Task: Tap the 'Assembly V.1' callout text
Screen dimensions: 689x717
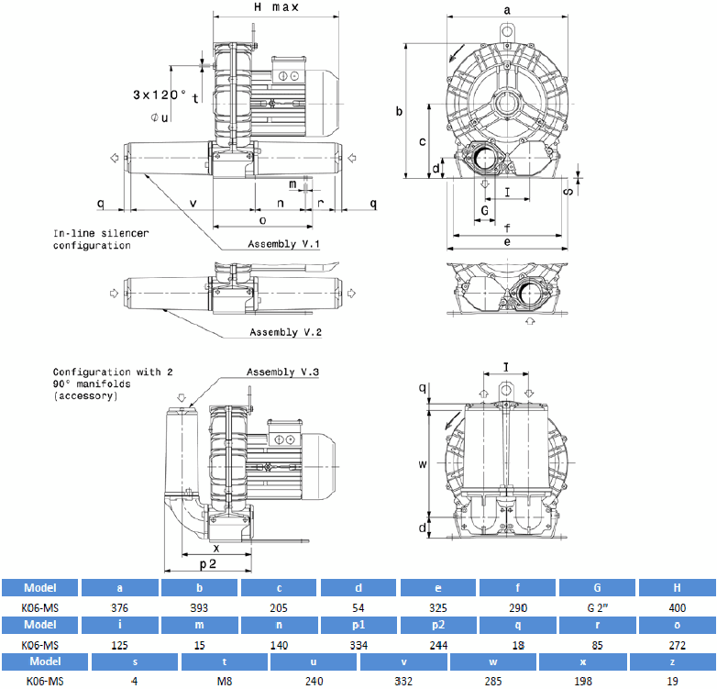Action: click(284, 244)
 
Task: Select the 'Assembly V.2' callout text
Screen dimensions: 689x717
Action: click(286, 332)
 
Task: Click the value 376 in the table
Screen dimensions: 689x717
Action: click(121, 606)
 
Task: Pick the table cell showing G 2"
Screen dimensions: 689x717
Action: click(597, 606)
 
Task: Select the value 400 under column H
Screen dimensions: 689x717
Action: click(677, 606)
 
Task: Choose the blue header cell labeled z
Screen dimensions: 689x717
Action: click(671, 661)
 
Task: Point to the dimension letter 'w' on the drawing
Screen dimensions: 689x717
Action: click(423, 465)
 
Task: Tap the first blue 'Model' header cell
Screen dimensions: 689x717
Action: click(40, 588)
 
